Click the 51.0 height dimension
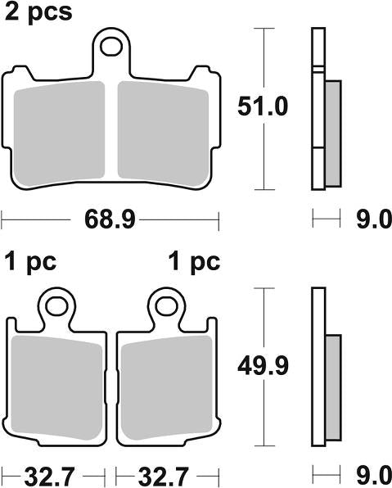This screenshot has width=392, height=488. coord(263,106)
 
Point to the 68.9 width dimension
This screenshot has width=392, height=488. coord(110,219)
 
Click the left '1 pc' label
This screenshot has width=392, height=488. coord(32,263)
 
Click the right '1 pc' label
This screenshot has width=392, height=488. coord(193,263)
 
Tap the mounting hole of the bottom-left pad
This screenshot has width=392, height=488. coord(56,307)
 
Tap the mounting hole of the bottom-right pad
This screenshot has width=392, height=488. coord(168,307)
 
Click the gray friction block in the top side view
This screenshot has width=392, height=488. coord(333,131)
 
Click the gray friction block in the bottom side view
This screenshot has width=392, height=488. coord(333,386)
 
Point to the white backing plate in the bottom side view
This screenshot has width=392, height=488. coord(318,368)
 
